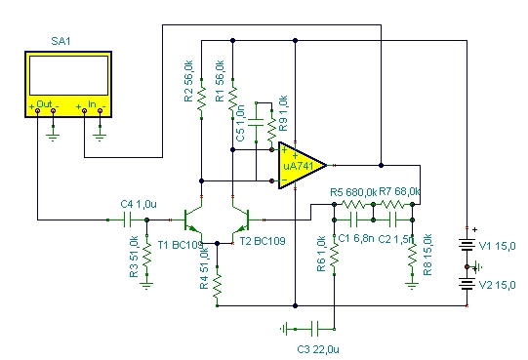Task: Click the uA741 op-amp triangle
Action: [x=300, y=165]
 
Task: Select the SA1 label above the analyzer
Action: [x=61, y=41]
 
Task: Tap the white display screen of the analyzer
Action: [x=68, y=75]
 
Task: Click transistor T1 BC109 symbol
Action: [x=192, y=220]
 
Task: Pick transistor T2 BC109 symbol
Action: [x=241, y=220]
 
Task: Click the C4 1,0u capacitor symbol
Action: [x=127, y=220]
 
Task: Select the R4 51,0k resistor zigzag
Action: [x=218, y=286]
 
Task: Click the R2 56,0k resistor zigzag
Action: [x=201, y=99]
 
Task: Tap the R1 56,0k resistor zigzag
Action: [x=232, y=99]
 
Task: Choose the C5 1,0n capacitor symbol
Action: [x=256, y=123]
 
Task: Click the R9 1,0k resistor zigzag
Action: [x=271, y=130]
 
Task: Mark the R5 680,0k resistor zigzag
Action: [x=353, y=204]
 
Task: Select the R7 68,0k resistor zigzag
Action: [x=392, y=204]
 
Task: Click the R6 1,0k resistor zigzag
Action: [x=334, y=255]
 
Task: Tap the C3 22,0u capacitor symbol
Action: [x=314, y=329]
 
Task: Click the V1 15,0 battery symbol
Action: [x=467, y=245]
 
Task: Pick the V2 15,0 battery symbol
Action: [x=467, y=284]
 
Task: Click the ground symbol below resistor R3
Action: [x=146, y=286]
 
